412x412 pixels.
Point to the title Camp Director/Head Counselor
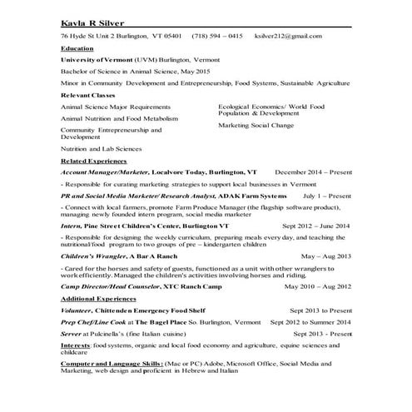coord(112,285)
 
